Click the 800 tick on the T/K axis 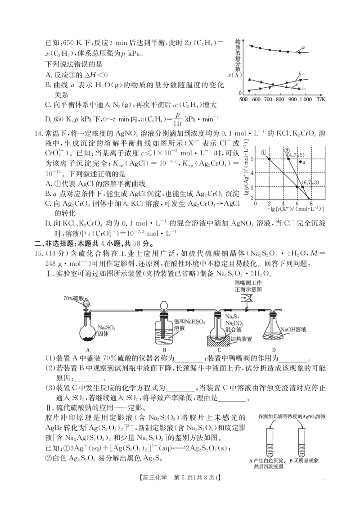click(x=280, y=99)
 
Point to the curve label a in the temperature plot click(x=303, y=48)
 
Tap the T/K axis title click(x=321, y=99)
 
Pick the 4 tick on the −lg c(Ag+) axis click(x=252, y=173)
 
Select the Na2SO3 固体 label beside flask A click(x=107, y=331)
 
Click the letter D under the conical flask click(x=274, y=350)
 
